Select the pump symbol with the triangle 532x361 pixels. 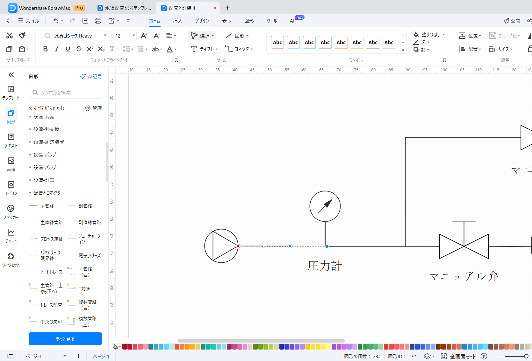[221, 246]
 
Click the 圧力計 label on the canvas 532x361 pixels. [325, 266]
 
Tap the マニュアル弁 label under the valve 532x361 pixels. [464, 276]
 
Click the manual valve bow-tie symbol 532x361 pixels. [464, 246]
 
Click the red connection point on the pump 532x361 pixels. [238, 246]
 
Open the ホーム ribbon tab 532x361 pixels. [155, 21]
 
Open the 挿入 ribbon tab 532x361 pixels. [177, 21]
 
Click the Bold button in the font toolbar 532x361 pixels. [45, 49]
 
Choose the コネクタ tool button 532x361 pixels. [239, 49]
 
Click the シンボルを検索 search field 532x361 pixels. [65, 93]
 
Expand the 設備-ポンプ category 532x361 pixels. [45, 155]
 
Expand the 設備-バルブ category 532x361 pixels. [45, 168]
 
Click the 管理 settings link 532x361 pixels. [93, 108]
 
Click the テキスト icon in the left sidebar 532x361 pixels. [11, 140]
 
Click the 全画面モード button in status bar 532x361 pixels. [459, 356]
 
